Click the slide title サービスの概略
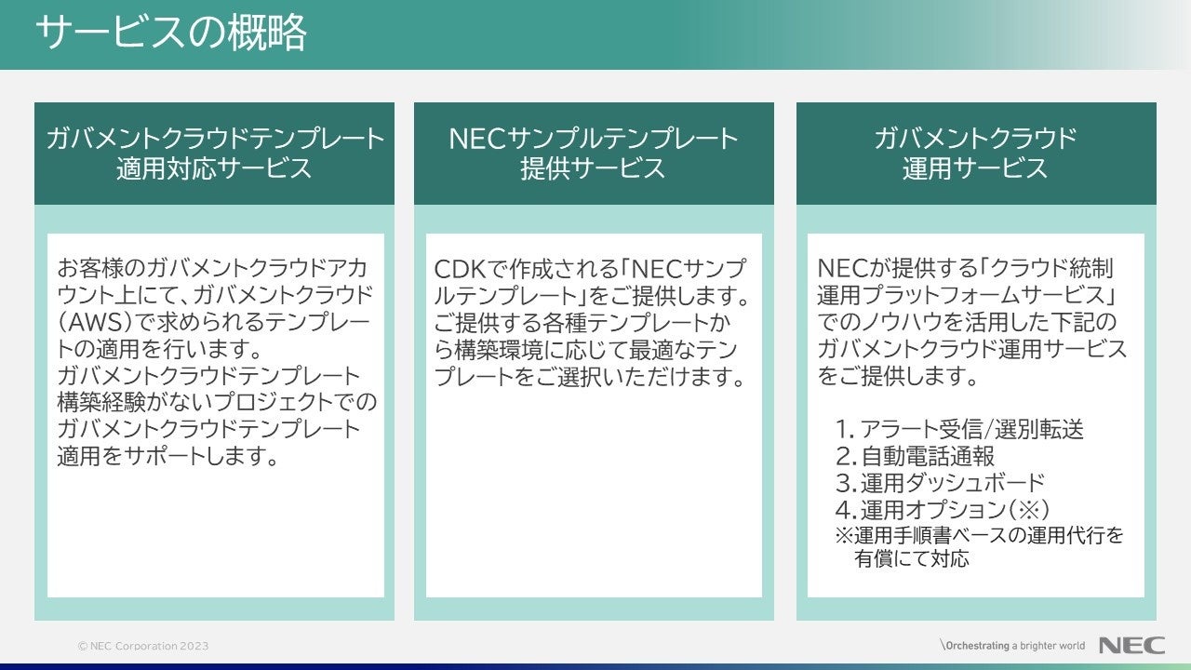point(172,34)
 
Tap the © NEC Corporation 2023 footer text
point(143,646)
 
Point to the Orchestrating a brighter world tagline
point(1012,645)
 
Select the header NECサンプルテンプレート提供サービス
point(594,154)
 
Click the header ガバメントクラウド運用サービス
point(975,154)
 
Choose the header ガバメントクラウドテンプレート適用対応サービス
point(215,154)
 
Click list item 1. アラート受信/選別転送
point(959,429)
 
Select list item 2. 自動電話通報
point(915,456)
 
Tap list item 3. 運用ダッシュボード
point(940,483)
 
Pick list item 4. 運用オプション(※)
point(943,510)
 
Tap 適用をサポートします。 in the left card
point(168,457)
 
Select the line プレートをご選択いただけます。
point(592,377)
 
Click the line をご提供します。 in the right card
point(898,377)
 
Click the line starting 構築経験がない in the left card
point(217,403)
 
